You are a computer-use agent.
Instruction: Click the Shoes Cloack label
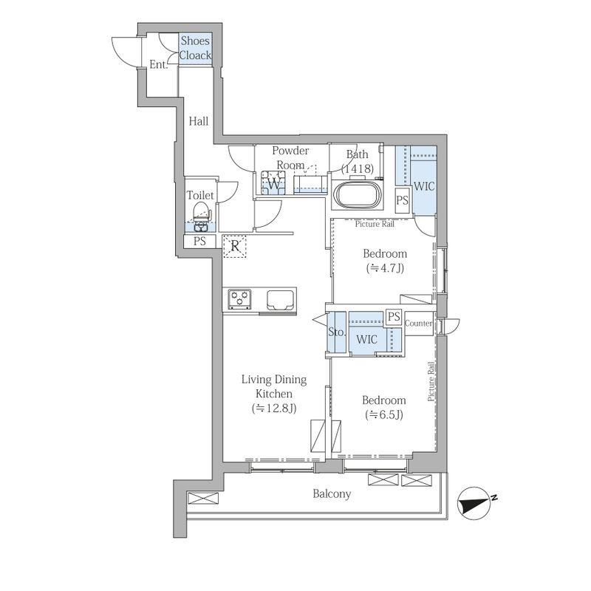[195, 48]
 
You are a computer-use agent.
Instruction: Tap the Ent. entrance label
[158, 64]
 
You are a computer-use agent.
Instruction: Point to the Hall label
[199, 121]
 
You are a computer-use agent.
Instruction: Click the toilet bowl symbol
[201, 216]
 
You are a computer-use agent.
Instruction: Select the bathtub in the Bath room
[357, 194]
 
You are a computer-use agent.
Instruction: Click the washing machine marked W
[273, 182]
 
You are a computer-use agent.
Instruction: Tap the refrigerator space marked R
[234, 246]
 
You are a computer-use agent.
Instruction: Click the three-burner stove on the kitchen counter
[239, 299]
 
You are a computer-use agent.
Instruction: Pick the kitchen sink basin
[281, 300]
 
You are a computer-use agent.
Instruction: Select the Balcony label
[332, 493]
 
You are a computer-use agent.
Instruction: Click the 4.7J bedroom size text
[385, 268]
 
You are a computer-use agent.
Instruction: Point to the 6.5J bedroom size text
[384, 414]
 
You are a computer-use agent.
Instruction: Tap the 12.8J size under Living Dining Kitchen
[274, 409]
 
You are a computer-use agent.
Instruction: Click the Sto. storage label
[336, 332]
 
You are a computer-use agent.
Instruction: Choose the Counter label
[418, 324]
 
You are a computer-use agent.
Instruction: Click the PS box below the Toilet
[199, 242]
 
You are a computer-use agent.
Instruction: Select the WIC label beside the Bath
[424, 186]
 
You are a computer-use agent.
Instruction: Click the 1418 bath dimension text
[358, 169]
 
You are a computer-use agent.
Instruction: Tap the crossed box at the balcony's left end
[202, 498]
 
